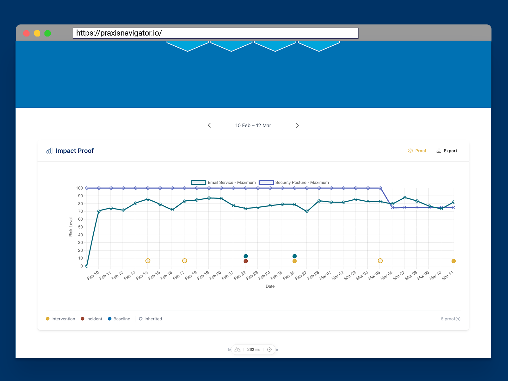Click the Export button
(x=447, y=151)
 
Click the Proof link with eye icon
(x=417, y=151)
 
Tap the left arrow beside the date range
(x=209, y=125)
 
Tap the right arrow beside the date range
(x=297, y=125)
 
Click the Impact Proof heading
(x=74, y=151)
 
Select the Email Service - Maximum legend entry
(x=224, y=183)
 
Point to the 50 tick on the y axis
(x=80, y=227)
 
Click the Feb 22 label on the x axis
(x=240, y=275)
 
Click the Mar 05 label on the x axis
(x=374, y=275)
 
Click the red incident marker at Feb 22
(x=246, y=261)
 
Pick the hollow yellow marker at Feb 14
(x=148, y=261)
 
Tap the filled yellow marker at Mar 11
(x=453, y=261)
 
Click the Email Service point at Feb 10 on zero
(x=87, y=266)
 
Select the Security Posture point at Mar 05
(x=380, y=188)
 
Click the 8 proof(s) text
(x=450, y=319)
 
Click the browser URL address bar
(x=216, y=33)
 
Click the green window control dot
(x=48, y=33)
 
